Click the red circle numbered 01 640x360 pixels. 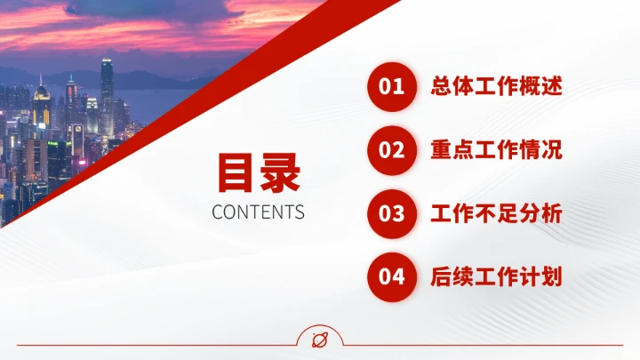[x=392, y=86]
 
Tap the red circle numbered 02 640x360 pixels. [x=392, y=149]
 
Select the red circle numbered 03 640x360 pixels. [x=392, y=213]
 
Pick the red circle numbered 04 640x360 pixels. [x=392, y=276]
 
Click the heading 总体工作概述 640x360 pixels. [x=496, y=86]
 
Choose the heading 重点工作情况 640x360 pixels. [x=496, y=149]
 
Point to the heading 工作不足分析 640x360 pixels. [x=496, y=213]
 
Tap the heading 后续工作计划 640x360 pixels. [x=496, y=276]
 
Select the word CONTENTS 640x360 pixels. [x=259, y=212]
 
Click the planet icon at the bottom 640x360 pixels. [x=320, y=340]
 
